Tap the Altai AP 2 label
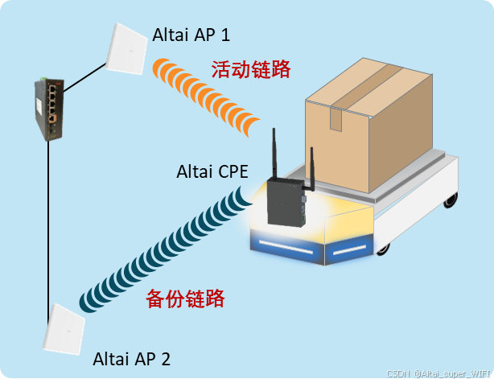[x=132, y=357]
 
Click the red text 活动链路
[x=250, y=69]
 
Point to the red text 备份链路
[x=184, y=299]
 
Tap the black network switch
[x=47, y=109]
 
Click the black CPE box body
[x=288, y=204]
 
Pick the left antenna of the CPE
[x=273, y=155]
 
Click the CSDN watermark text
[x=438, y=375]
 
